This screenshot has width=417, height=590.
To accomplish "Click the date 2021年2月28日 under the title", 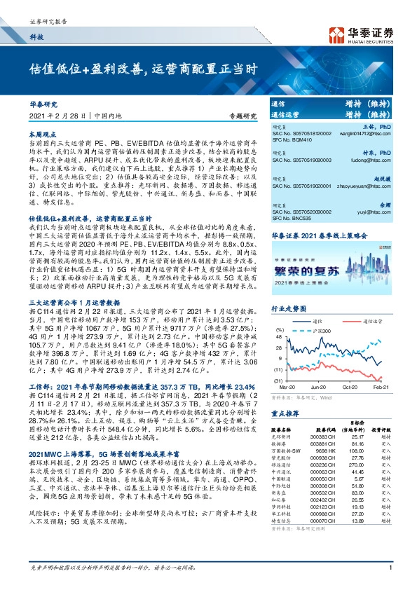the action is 60,116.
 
